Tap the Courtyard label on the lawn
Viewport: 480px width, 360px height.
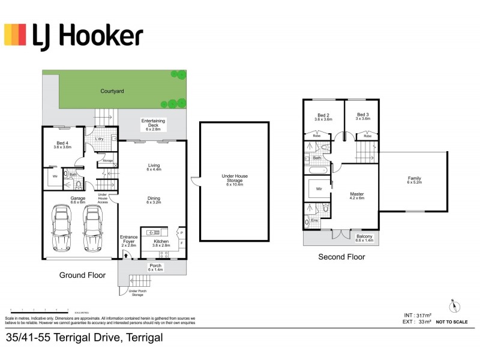[x=112, y=91]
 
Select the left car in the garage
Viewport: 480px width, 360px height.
[x=61, y=227]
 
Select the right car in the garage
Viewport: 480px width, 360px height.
[x=93, y=227]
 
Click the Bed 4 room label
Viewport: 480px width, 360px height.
[x=62, y=145]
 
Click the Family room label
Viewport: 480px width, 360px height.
[x=414, y=179]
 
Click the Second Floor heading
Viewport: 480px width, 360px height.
[x=341, y=257]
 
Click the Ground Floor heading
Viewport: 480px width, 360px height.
[x=82, y=275]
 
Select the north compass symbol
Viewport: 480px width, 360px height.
[x=454, y=305]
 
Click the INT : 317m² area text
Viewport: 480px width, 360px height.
[x=418, y=314]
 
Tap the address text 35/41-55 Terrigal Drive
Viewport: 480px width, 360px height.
[x=84, y=338]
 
